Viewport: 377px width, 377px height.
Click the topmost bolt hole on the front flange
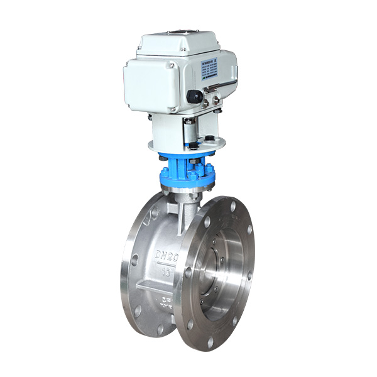click(230, 204)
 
